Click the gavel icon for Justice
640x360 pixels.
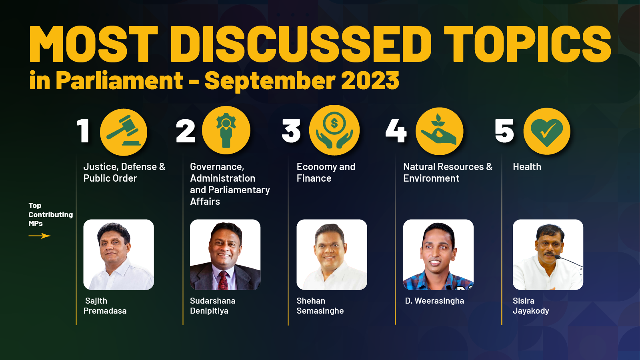[124, 132]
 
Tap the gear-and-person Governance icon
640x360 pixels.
[226, 130]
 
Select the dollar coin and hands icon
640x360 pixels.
[334, 130]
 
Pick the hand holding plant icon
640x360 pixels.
[439, 131]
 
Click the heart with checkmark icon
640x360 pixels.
[546, 131]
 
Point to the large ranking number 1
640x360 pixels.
[83, 130]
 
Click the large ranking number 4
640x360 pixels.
[396, 130]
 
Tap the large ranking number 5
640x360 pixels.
[504, 130]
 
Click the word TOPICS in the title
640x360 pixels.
[527, 44]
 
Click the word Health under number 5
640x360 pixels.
[527, 166]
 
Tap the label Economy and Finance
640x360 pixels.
[326, 172]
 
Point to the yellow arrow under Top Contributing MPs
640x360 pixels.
[40, 236]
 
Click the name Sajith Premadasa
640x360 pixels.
[105, 306]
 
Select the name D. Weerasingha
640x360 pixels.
[434, 300]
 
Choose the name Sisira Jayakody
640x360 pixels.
[531, 306]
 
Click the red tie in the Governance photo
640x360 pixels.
[223, 280]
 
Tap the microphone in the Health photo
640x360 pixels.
[568, 261]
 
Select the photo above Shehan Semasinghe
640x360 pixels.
[332, 254]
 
